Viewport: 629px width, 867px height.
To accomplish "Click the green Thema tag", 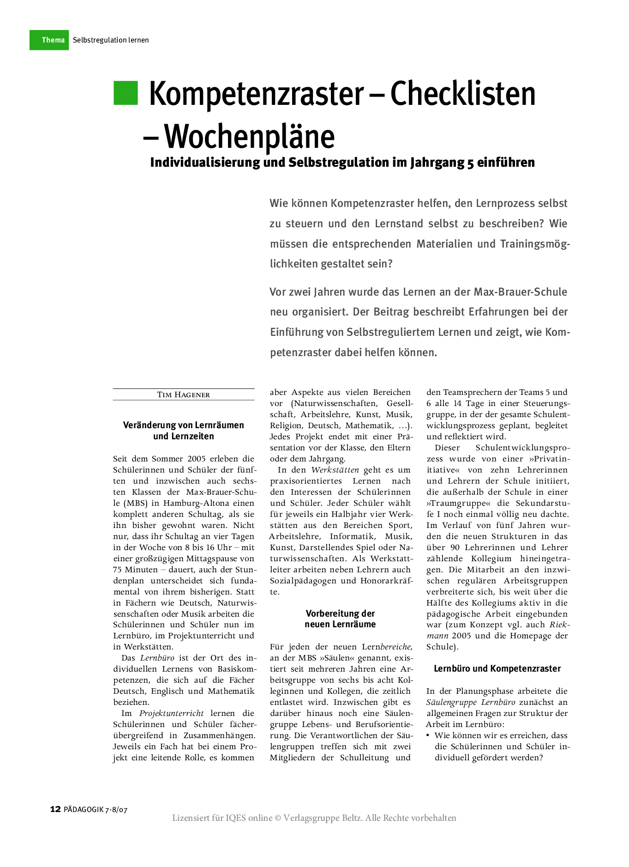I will [x=49, y=40].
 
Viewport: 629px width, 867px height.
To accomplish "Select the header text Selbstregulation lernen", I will [x=111, y=40].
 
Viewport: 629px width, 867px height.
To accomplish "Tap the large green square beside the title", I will [x=126, y=93].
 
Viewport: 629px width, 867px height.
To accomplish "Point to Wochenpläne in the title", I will [x=249, y=136].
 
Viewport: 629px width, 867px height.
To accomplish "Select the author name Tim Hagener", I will [x=184, y=394].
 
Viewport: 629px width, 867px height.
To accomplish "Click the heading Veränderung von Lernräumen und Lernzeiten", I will [x=184, y=430].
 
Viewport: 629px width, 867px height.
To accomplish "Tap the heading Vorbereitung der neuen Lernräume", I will [x=340, y=619].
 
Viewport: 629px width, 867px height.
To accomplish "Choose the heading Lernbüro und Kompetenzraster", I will [x=497, y=668].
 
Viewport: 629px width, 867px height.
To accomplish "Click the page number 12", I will [x=55, y=809].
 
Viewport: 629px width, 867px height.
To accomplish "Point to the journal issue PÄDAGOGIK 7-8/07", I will [x=96, y=809].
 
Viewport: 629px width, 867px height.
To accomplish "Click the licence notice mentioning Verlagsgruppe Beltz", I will [x=314, y=818].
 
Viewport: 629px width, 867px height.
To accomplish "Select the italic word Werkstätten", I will [x=335, y=470].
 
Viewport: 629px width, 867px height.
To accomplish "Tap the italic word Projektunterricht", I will [x=171, y=713].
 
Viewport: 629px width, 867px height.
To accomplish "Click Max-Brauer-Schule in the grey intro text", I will [x=521, y=292].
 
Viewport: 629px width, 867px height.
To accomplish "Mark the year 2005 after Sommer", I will [x=197, y=459].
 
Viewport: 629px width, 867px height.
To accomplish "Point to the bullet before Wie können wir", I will [x=428, y=735].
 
